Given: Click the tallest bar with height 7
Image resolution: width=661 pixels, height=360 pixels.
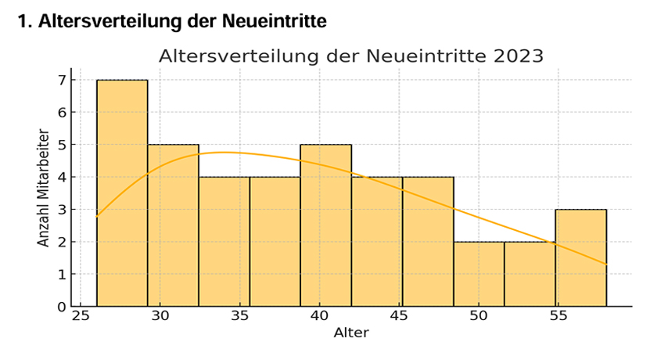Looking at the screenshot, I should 122,193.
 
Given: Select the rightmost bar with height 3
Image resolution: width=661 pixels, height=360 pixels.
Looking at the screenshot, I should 580,257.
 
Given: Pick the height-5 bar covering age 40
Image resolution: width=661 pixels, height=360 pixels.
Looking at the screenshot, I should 325,225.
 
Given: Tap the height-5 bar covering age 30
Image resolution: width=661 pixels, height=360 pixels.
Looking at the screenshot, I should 173,225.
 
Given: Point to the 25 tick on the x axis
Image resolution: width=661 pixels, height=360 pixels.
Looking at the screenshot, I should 80,317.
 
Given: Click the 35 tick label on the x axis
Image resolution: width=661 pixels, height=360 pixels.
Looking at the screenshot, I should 239,317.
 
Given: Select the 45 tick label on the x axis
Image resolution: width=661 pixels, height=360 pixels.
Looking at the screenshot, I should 399,317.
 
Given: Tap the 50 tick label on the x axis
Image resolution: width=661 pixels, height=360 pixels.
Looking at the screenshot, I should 479,317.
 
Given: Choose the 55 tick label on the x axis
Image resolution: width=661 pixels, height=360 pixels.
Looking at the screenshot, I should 559,317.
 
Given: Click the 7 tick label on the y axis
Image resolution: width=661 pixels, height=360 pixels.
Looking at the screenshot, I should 60,80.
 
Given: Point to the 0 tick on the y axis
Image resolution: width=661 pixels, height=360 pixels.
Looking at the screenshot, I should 60,306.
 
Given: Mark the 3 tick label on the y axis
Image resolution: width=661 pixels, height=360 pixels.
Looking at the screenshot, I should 60,209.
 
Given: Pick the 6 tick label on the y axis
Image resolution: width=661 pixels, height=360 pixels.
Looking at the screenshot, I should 60,112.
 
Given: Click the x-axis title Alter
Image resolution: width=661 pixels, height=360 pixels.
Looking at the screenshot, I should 350,333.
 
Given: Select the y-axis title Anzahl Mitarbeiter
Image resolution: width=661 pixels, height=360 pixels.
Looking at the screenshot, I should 44,193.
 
